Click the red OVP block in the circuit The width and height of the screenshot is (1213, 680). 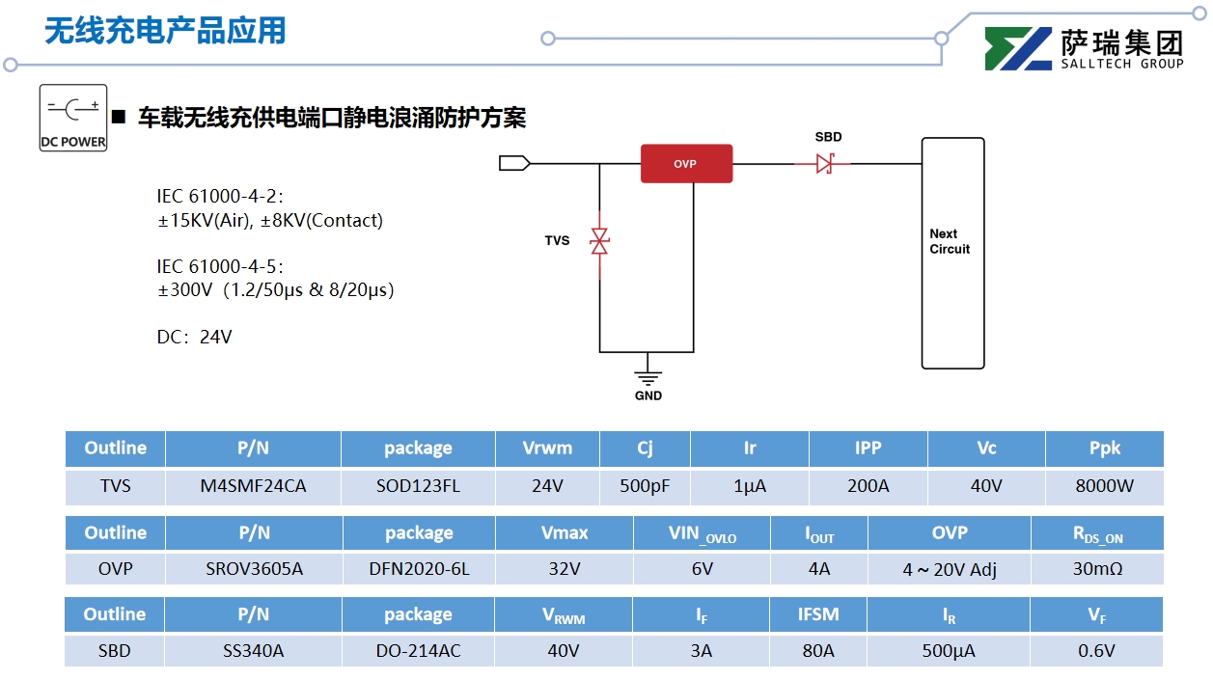tap(686, 164)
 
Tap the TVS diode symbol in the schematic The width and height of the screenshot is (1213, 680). tap(599, 241)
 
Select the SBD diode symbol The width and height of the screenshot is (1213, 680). tap(824, 164)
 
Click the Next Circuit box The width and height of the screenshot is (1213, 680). tap(952, 253)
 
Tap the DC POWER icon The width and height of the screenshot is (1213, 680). tap(73, 118)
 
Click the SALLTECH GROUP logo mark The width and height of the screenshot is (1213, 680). tap(1018, 49)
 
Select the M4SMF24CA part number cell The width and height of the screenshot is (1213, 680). tap(253, 486)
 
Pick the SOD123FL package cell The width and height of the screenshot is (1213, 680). tap(418, 486)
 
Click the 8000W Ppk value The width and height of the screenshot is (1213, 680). tap(1104, 486)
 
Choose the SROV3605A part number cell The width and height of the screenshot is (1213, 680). tap(254, 569)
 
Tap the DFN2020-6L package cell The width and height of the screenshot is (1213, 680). tap(419, 569)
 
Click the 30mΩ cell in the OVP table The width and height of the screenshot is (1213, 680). tap(1097, 569)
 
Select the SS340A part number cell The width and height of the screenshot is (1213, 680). tap(253, 651)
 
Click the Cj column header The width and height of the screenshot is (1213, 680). tap(645, 449)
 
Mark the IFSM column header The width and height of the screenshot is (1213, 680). tap(817, 614)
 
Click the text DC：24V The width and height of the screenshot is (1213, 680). tap(195, 338)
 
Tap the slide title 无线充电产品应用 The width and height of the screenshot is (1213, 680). tap(165, 31)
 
